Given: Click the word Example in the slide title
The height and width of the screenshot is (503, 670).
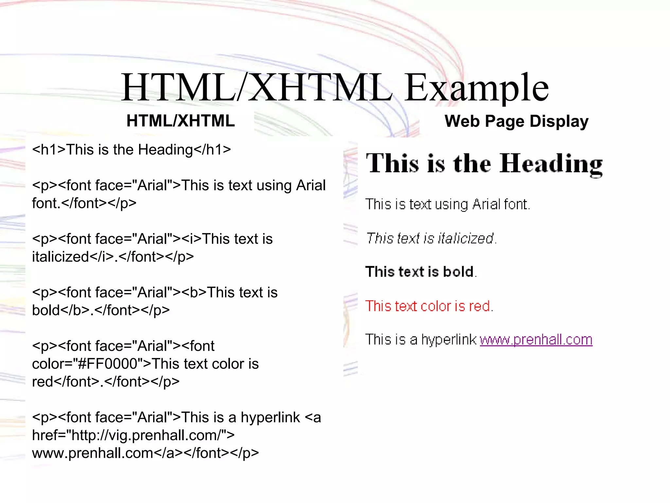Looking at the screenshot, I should pos(476,88).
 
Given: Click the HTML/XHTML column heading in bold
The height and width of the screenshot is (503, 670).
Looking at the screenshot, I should pos(181,121).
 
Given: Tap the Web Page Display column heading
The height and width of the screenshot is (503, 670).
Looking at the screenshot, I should pos(516,121).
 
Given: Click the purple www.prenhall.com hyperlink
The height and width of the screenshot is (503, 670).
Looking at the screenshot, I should pos(536,340).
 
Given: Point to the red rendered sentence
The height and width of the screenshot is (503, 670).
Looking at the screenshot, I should pos(429,306).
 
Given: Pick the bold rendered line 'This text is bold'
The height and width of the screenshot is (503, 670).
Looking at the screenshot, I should pos(420,272).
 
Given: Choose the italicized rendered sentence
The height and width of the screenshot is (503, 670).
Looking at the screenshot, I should pos(431,238).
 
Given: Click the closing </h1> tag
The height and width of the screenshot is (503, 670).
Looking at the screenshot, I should pos(212,150).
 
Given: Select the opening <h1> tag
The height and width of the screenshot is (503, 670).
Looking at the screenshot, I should pos(49,150).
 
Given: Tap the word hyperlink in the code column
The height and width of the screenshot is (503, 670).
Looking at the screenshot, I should pos(270,418).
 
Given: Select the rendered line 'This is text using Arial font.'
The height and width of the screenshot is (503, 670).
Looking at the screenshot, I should pos(447,204).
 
